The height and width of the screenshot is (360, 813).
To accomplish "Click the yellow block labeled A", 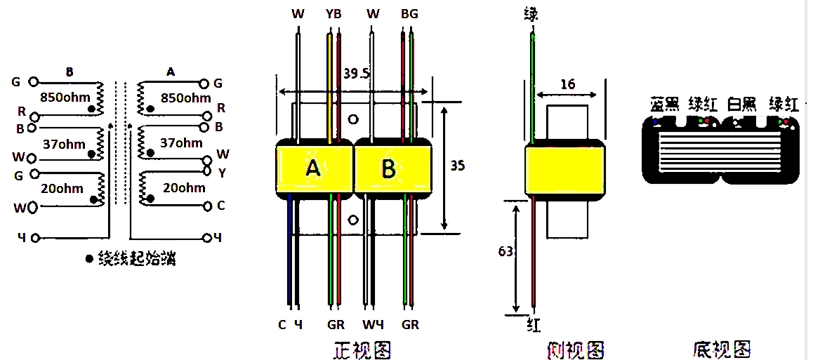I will pos(314,168).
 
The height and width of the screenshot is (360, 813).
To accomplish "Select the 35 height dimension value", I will pos(457,166).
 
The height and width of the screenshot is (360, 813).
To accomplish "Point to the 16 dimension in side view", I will pos(567,84).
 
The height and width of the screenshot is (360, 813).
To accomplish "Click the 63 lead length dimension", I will pos(505,251).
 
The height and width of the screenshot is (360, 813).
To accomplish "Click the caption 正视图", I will pos(362,349).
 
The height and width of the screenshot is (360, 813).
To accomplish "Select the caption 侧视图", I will pos(575,349).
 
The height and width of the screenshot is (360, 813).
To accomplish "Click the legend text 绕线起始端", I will pos(137,259).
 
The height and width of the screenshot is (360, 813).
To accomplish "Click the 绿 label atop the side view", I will pos(531,13).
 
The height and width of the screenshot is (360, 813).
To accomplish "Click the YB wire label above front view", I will pos(333,13).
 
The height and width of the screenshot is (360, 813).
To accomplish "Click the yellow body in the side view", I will pos(565,168).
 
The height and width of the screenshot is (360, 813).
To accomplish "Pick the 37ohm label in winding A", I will pos(182,143).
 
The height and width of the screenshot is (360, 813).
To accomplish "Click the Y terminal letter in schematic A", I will pos(222,171).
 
